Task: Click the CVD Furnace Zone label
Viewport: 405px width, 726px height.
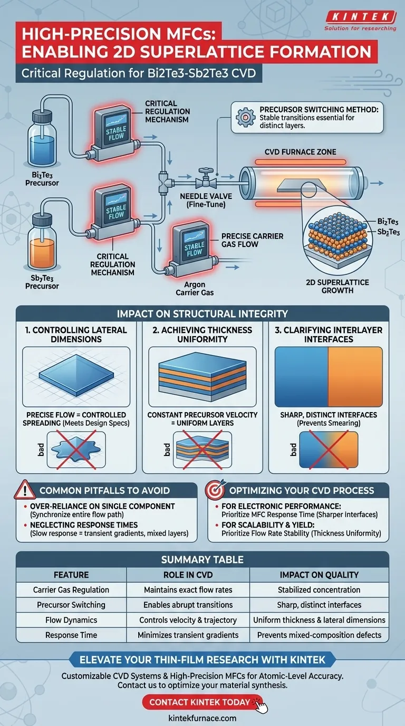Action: tap(300, 152)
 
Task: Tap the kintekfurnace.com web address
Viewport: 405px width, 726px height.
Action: tap(202, 718)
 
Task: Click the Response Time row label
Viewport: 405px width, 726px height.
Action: tap(71, 635)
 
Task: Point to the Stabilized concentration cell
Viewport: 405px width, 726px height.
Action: tap(319, 590)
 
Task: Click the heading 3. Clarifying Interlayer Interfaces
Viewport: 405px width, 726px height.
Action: tap(329, 335)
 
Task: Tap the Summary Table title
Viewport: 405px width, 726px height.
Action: tap(202, 559)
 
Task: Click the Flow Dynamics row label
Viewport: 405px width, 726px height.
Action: tap(71, 620)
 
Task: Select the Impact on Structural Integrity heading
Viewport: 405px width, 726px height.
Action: tap(202, 314)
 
